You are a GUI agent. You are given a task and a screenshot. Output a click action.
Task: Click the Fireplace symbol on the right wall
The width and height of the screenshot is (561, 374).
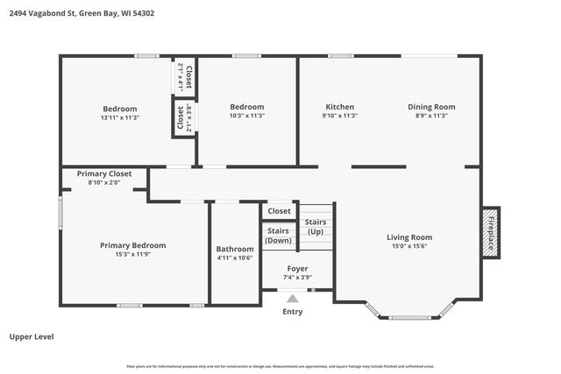pos(491,232)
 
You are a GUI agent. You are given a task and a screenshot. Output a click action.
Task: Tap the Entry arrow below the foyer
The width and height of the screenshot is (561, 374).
pos(293,299)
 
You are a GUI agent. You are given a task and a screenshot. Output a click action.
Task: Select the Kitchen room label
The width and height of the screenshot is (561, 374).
pos(340,107)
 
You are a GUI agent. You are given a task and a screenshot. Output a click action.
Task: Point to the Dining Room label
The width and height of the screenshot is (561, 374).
pos(431,107)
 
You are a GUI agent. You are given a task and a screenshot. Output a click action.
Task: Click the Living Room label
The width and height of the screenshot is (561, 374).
pos(409,236)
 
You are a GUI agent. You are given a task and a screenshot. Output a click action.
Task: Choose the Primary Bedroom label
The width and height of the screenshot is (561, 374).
pos(132,245)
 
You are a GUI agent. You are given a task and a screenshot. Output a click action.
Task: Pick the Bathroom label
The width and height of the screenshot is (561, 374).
pos(235,248)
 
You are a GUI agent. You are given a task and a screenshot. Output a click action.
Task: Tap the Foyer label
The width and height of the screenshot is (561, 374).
pos(298,268)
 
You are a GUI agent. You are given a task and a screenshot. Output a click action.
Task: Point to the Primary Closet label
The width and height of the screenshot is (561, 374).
pos(104,173)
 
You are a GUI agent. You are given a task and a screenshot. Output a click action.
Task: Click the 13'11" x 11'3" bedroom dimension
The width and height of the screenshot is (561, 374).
pos(120,117)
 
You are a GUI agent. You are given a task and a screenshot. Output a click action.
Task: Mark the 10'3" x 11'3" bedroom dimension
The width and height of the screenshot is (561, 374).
pos(247,116)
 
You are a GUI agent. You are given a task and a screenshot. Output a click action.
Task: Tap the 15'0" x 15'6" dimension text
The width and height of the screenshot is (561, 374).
pos(409,246)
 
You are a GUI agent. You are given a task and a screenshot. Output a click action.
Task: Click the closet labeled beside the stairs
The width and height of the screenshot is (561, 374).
pos(279,211)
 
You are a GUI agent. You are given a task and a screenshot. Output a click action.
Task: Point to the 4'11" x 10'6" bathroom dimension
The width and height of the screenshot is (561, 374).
pos(235,258)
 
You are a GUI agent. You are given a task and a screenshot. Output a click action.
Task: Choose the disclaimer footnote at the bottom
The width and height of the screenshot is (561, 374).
pos(280,366)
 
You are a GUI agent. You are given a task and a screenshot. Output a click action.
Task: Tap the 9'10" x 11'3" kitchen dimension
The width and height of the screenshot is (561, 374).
pos(340,116)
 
